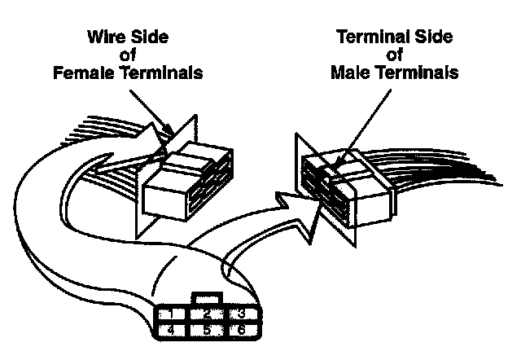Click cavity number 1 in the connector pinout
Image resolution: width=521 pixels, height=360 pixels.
coord(170,314)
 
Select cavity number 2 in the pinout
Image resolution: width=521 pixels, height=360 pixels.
coord(208,314)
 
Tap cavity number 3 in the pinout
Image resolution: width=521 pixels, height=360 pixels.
coord(242,314)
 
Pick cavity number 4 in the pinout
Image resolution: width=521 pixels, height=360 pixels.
coord(170,331)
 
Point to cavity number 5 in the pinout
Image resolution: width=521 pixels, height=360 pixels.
coord(208,331)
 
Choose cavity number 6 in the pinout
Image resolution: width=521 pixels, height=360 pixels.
coord(242,331)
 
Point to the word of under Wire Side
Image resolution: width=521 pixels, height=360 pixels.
coord(126,56)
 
